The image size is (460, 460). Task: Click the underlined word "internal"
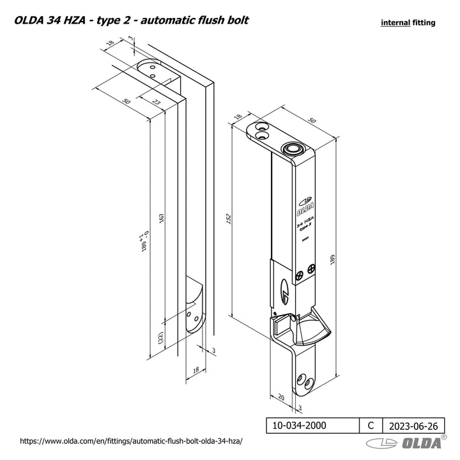[x=395, y=22]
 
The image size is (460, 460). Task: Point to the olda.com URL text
[x=132, y=441]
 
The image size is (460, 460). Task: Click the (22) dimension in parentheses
[x=160, y=338]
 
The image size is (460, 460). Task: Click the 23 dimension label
[x=156, y=102]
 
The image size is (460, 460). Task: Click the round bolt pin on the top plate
[x=293, y=148]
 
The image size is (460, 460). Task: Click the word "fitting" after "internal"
[x=424, y=22]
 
